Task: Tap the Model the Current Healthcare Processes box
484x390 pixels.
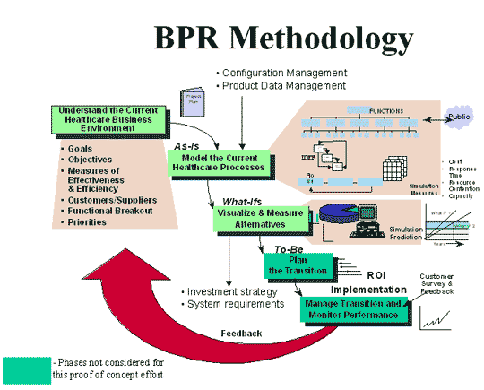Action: [217, 161]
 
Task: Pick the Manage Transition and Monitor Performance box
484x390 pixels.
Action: [352, 309]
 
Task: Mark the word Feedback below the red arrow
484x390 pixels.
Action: [241, 334]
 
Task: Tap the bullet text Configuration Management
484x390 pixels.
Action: [280, 72]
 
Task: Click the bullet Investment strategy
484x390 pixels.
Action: [232, 291]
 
